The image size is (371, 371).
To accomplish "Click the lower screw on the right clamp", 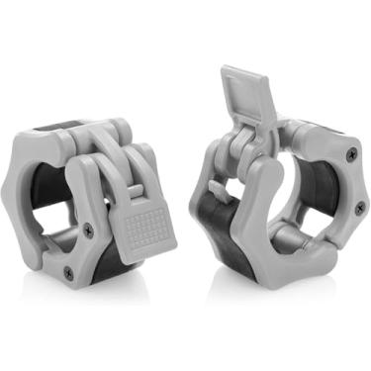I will (357, 209).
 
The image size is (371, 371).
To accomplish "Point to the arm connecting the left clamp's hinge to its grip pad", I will (114, 178).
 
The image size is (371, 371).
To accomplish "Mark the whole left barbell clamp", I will (94, 208).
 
